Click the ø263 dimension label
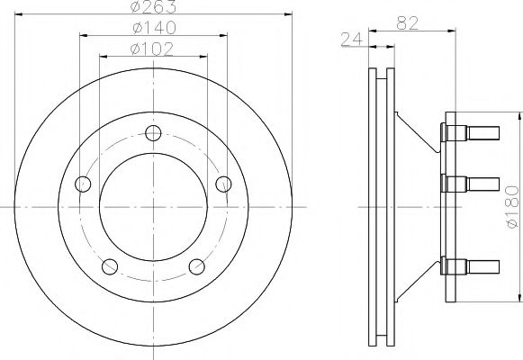(x=154, y=6)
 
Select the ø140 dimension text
(x=154, y=28)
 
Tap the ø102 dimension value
(x=152, y=49)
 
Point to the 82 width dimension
(x=407, y=23)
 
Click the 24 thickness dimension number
(x=352, y=39)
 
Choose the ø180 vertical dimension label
(x=513, y=207)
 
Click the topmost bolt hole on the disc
(x=153, y=133)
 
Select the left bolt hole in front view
(x=83, y=184)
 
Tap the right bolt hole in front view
(x=223, y=184)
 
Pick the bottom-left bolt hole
(x=110, y=266)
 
